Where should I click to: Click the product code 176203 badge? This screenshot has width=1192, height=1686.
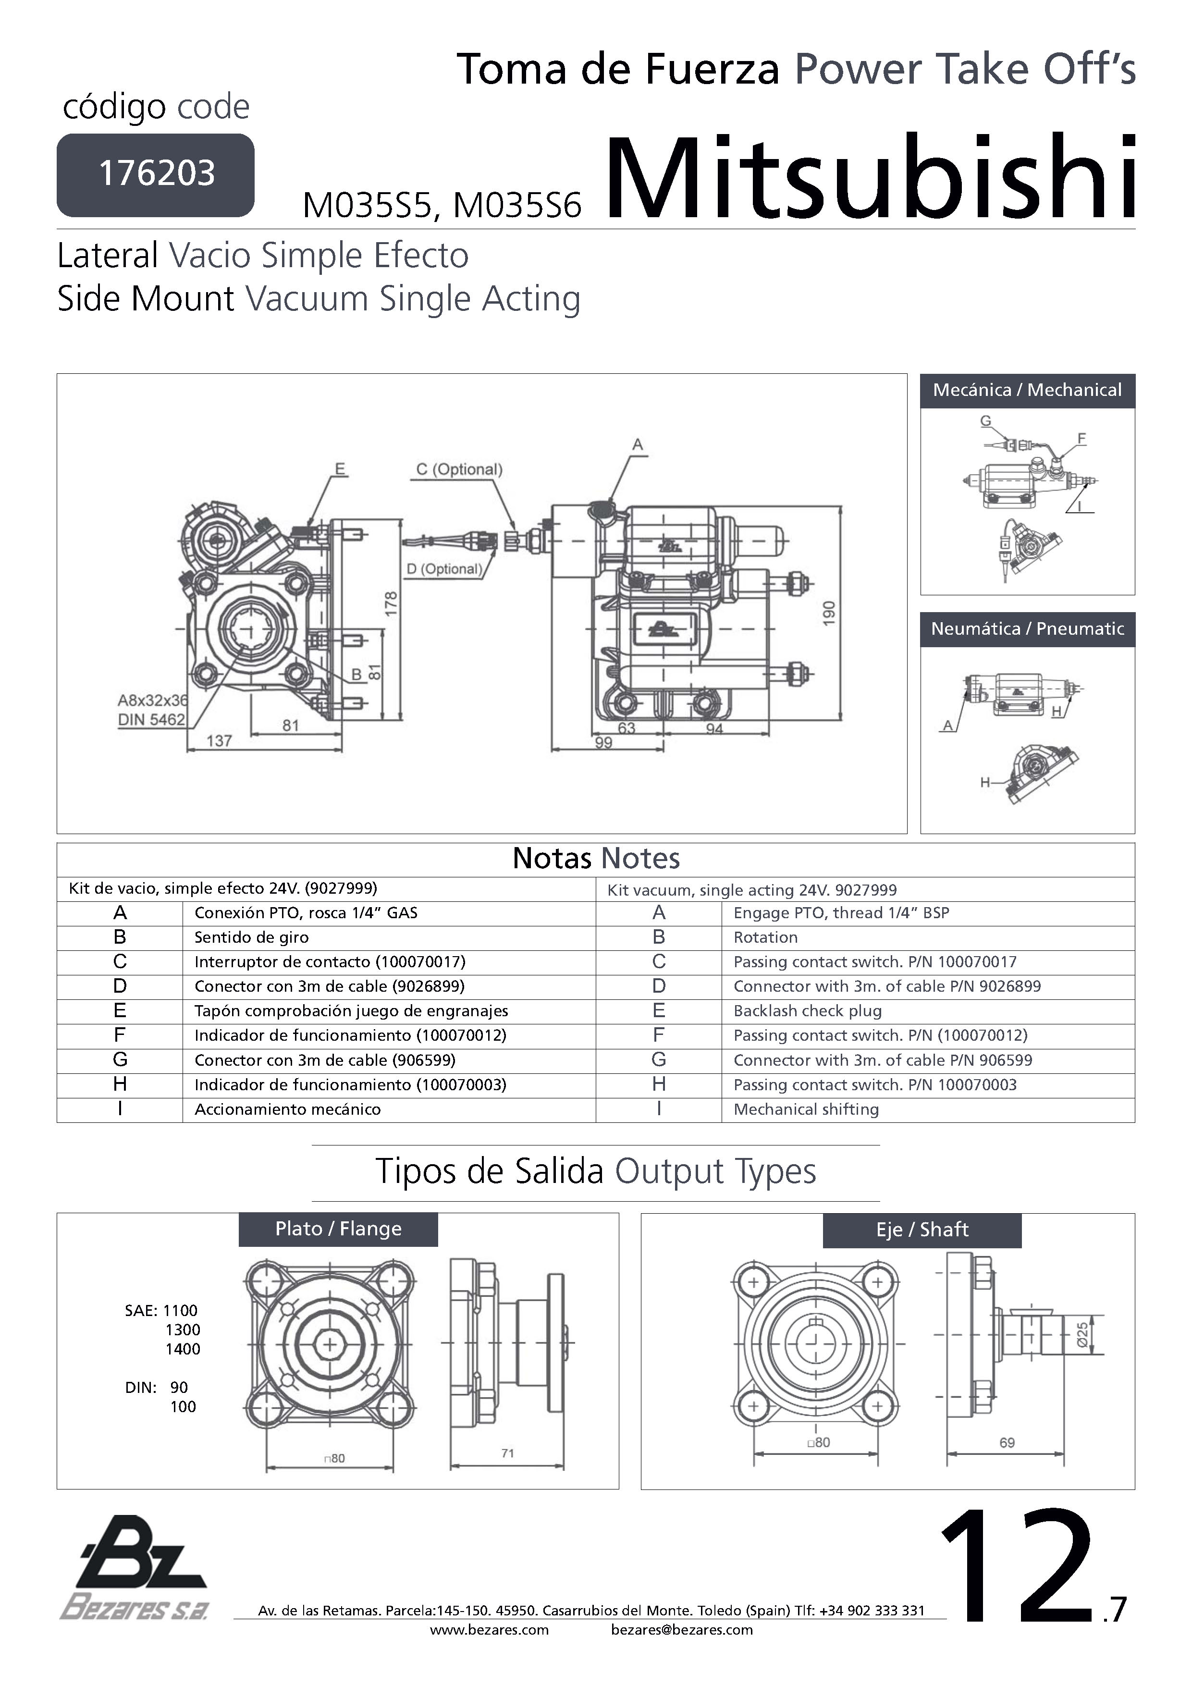pyautogui.click(x=156, y=175)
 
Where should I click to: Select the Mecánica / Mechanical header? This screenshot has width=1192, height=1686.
pyautogui.click(x=1027, y=390)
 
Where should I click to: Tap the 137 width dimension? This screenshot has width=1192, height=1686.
pyautogui.click(x=220, y=740)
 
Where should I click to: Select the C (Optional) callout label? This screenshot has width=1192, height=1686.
pyautogui.click(x=459, y=469)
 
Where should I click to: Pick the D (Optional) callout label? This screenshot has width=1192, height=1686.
pyautogui.click(x=444, y=568)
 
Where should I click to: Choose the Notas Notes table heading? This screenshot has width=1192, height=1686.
pyautogui.click(x=596, y=859)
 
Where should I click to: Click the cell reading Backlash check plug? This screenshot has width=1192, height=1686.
pyautogui.click(x=807, y=1010)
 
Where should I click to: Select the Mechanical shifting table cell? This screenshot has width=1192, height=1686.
pyautogui.click(x=806, y=1109)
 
